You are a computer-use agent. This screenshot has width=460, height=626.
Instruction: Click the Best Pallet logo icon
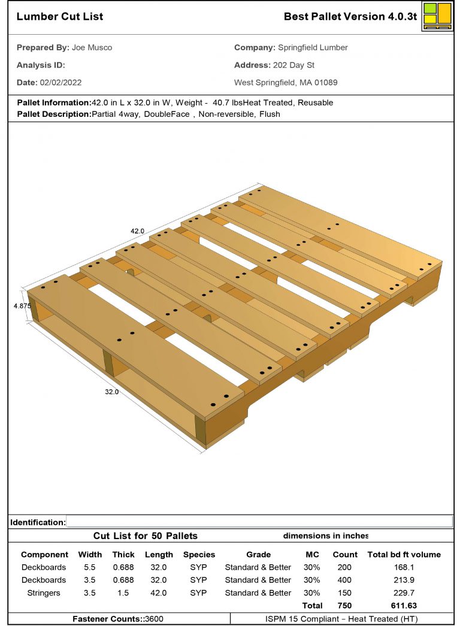point(437,16)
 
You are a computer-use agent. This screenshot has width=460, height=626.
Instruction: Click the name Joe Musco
point(92,47)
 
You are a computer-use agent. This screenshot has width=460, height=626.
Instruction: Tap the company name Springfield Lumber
point(313,47)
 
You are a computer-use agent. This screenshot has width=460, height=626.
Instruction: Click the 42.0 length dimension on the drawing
point(139,230)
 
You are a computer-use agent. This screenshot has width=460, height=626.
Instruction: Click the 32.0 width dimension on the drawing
point(112,392)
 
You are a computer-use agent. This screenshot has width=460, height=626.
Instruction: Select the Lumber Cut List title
point(60,16)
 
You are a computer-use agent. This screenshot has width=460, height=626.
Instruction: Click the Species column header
point(199,555)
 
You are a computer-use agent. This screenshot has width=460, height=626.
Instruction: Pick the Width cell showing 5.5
point(90,567)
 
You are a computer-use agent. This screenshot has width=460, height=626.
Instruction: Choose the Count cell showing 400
point(345,580)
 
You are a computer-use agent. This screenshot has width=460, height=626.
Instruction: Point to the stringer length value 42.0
point(159,592)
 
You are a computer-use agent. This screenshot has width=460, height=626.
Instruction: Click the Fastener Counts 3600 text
point(118,619)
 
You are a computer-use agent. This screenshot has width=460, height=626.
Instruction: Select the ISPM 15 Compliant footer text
point(341,619)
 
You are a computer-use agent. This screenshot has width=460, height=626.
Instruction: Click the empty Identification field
point(259,522)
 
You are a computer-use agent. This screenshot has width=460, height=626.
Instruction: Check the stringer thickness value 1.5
point(123,592)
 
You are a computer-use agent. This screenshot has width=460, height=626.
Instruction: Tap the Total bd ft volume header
point(404,555)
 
